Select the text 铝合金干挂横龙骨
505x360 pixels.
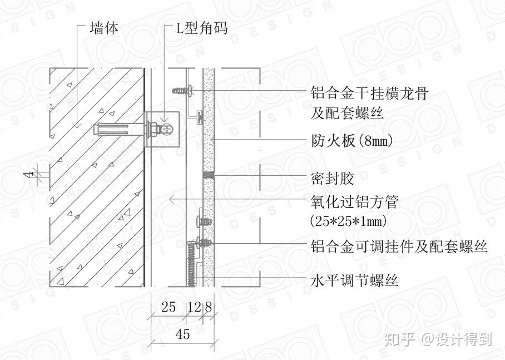click(369, 93)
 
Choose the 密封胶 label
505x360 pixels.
click(332, 179)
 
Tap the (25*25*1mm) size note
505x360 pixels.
click(348, 221)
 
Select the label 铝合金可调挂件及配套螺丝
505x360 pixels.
click(399, 245)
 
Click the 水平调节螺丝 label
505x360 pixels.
click(354, 280)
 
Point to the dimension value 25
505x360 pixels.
click(169, 307)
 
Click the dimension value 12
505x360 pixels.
click(194, 307)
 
